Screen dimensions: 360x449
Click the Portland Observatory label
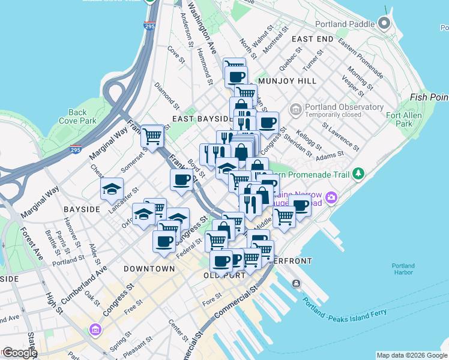344,107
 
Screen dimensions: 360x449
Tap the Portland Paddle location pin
384,25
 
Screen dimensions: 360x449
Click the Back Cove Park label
77,116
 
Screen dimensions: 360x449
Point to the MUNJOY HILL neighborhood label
286,80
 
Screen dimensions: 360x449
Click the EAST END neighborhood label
312,39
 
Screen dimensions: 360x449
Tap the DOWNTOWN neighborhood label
149,269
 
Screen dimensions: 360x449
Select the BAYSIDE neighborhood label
82,209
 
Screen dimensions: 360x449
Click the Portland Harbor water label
403,269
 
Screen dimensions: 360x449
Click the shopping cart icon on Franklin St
153,136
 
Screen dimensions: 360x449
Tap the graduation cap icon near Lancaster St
112,189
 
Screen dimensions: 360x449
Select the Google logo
19,353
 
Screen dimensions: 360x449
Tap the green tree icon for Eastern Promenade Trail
358,173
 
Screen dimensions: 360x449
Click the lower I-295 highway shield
75,149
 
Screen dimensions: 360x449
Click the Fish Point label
430,97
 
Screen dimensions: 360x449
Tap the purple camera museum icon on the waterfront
331,197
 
